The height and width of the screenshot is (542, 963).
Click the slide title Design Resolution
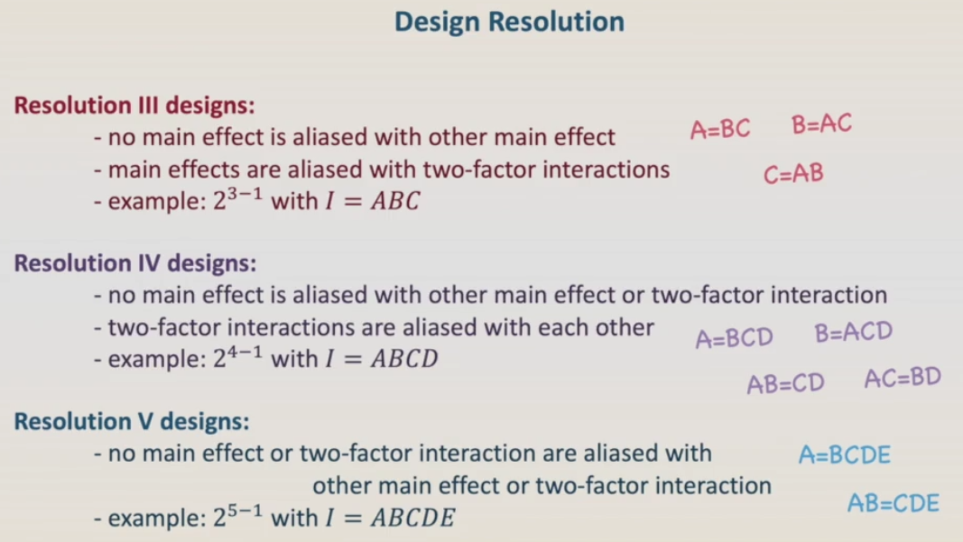click(509, 23)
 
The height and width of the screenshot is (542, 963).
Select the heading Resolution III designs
click(134, 106)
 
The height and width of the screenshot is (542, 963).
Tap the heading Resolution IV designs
click(135, 263)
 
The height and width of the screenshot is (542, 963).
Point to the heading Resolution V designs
click(132, 422)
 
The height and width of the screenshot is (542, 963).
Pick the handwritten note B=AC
click(821, 124)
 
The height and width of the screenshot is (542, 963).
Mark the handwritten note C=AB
click(793, 174)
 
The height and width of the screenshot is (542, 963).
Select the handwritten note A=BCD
click(735, 337)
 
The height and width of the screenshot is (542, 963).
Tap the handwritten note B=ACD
click(854, 332)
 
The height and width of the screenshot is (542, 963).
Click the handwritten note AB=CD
click(785, 384)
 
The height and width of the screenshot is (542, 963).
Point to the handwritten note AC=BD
click(903, 378)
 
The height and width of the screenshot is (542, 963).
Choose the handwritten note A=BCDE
click(845, 455)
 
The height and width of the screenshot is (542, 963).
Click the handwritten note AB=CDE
click(894, 503)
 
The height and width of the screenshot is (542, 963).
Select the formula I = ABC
click(373, 201)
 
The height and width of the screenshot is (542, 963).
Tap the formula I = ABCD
click(382, 359)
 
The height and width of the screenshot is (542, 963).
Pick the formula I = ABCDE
click(391, 518)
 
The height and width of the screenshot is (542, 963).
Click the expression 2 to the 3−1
click(237, 199)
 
